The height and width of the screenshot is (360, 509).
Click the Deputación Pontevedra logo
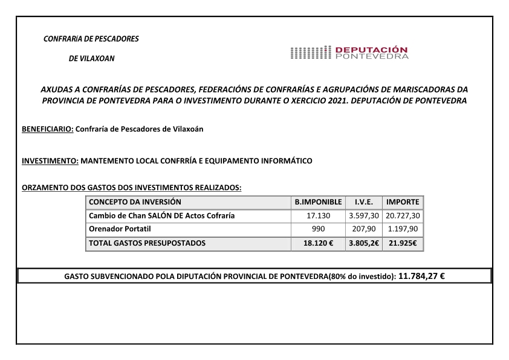pos(349,53)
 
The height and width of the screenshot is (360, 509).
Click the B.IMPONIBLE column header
pos(318,201)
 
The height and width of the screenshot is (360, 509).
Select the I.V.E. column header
pos(363,201)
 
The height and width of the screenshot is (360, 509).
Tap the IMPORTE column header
pos(403,201)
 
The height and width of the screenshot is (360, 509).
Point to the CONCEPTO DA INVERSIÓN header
pos(135,201)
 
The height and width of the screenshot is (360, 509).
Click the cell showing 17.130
pos(319,215)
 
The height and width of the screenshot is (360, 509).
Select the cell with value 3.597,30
pos(364,215)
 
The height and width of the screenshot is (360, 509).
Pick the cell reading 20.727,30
pos(403,215)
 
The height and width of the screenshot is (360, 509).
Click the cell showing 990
pos(319,229)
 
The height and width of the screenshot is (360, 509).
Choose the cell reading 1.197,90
pos(403,229)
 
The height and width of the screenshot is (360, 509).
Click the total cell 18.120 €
pos(319,243)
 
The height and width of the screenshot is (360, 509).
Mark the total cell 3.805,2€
pos(364,243)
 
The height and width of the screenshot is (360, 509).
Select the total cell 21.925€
pos(403,243)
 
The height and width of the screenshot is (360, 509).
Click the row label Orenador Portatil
pos(120,229)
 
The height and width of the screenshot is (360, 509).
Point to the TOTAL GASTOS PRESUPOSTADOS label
pos(147,243)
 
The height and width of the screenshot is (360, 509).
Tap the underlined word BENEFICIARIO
pos(47,129)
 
